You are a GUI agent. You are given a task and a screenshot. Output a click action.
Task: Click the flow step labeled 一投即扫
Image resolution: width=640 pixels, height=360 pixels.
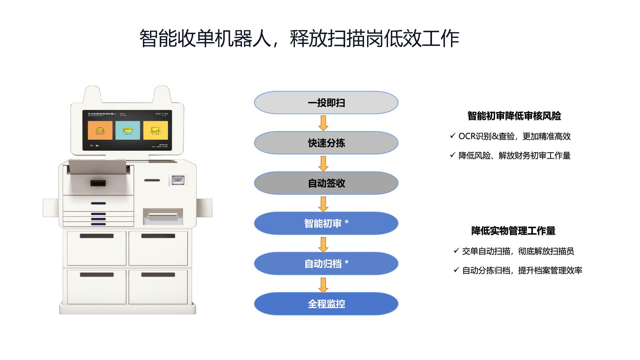tap(326, 103)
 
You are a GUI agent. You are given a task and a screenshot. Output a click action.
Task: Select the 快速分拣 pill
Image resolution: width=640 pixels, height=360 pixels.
tap(326, 143)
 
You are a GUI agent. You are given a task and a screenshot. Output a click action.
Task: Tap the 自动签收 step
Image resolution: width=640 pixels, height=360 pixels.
tap(326, 183)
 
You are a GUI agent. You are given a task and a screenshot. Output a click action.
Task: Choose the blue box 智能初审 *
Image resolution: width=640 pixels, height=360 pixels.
tap(326, 223)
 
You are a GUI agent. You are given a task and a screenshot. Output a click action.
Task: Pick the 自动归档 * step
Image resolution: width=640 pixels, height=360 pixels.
tap(326, 264)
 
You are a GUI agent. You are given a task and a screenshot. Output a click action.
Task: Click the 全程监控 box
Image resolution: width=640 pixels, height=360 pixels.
tap(326, 304)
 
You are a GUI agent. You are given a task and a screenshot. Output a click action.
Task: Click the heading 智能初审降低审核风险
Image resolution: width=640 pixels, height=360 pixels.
tap(514, 116)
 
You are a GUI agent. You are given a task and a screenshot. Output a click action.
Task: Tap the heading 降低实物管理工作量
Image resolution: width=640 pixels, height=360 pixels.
tap(513, 231)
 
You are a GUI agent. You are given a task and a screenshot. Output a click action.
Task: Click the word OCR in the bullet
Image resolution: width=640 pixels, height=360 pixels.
tap(466, 136)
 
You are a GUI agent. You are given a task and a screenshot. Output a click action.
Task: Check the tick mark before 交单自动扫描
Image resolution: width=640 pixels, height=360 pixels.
tap(456, 251)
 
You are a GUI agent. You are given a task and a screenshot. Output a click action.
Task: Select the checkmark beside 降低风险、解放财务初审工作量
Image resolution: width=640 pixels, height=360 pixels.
tap(452, 155)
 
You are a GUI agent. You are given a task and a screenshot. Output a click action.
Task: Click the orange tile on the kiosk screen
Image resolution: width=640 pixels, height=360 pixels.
tap(100, 130)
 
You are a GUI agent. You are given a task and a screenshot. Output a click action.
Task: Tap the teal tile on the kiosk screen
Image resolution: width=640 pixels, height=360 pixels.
tap(128, 130)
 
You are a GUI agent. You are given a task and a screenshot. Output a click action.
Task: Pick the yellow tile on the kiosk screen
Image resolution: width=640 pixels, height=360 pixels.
tap(155, 130)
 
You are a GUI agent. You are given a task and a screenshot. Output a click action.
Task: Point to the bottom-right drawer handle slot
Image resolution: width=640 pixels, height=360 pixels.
tap(158, 275)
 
